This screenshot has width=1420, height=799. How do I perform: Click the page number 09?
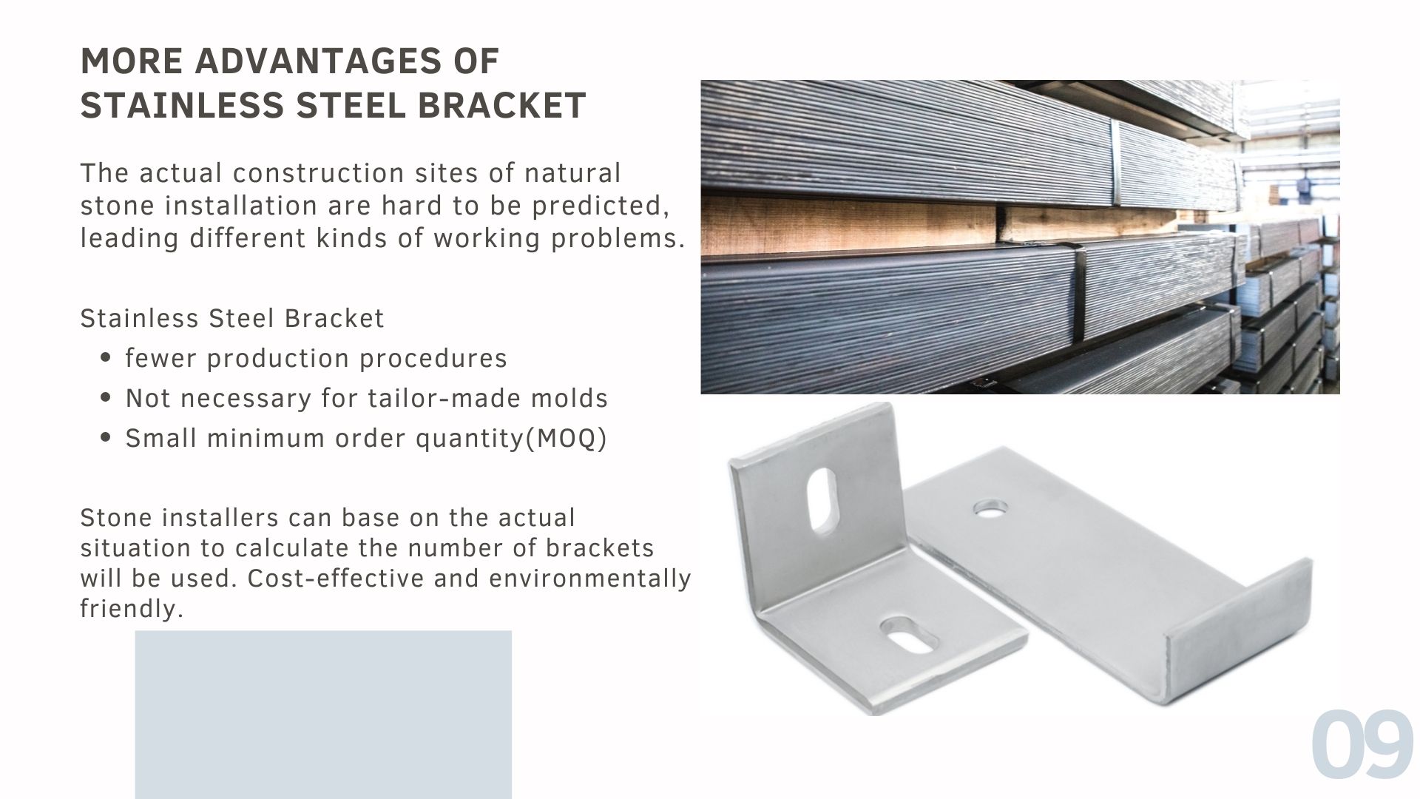click(x=1362, y=745)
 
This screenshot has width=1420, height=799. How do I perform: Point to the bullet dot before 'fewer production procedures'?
click(x=105, y=358)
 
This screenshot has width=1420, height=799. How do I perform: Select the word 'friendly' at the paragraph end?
click(x=128, y=609)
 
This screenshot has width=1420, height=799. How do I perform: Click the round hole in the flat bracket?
click(x=990, y=509)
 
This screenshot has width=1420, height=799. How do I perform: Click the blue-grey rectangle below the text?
click(x=323, y=715)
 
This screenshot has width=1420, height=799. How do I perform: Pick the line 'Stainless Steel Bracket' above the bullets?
click(x=232, y=318)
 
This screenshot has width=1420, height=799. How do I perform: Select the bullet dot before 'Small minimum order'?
click(x=105, y=438)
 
